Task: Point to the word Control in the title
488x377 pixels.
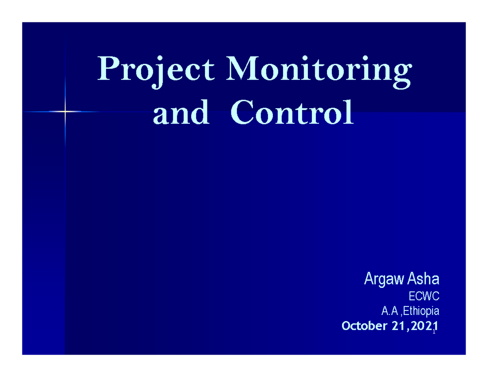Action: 291,114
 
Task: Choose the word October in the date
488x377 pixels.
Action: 360,326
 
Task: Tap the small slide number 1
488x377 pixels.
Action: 434,332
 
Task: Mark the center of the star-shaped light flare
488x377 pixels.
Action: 65,111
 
